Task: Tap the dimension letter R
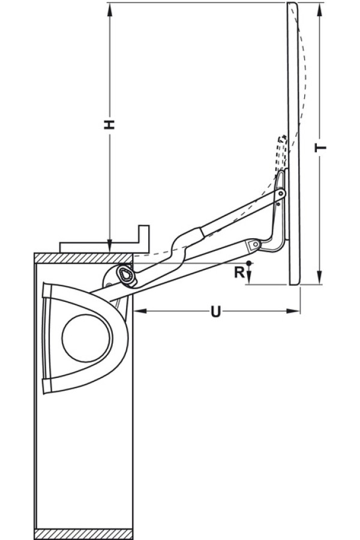pyautogui.click(x=239, y=272)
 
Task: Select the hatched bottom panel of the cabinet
pyautogui.click(x=84, y=533)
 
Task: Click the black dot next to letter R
pyautogui.click(x=248, y=263)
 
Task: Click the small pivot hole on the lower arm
pyautogui.click(x=254, y=245)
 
